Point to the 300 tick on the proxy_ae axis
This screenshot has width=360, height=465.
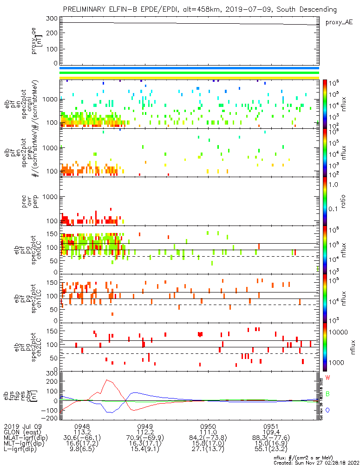click(x=52, y=19)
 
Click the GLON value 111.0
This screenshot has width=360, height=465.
click(x=208, y=432)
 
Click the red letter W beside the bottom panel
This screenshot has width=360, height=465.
click(x=327, y=377)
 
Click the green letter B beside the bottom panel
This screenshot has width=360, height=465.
click(x=327, y=394)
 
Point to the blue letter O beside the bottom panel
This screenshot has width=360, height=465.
click(x=327, y=411)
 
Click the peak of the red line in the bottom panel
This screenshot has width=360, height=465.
click(x=107, y=380)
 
